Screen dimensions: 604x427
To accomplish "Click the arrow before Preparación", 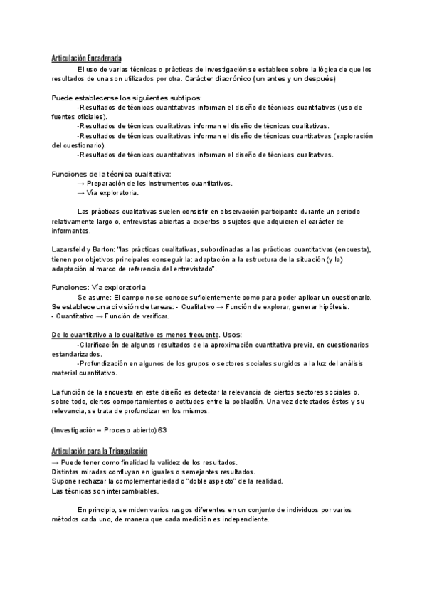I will [x=81, y=183].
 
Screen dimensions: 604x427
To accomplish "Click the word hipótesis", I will [x=331, y=306].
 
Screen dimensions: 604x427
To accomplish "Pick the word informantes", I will [x=71, y=231].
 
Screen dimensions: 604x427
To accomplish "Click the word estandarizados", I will [x=76, y=354].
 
